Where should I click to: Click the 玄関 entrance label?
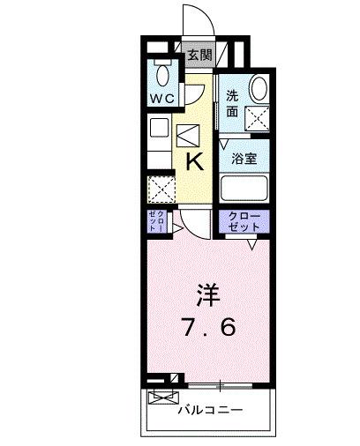coord(199,55)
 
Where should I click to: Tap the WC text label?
coord(161,96)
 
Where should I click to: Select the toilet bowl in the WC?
coord(161,73)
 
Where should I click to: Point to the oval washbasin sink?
coord(259,88)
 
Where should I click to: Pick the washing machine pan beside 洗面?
coord(257,118)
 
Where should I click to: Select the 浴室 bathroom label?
coord(244,159)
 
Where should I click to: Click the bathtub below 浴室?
coord(244,189)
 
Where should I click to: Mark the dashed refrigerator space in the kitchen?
coord(161,189)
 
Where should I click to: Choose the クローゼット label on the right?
coord(244,222)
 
